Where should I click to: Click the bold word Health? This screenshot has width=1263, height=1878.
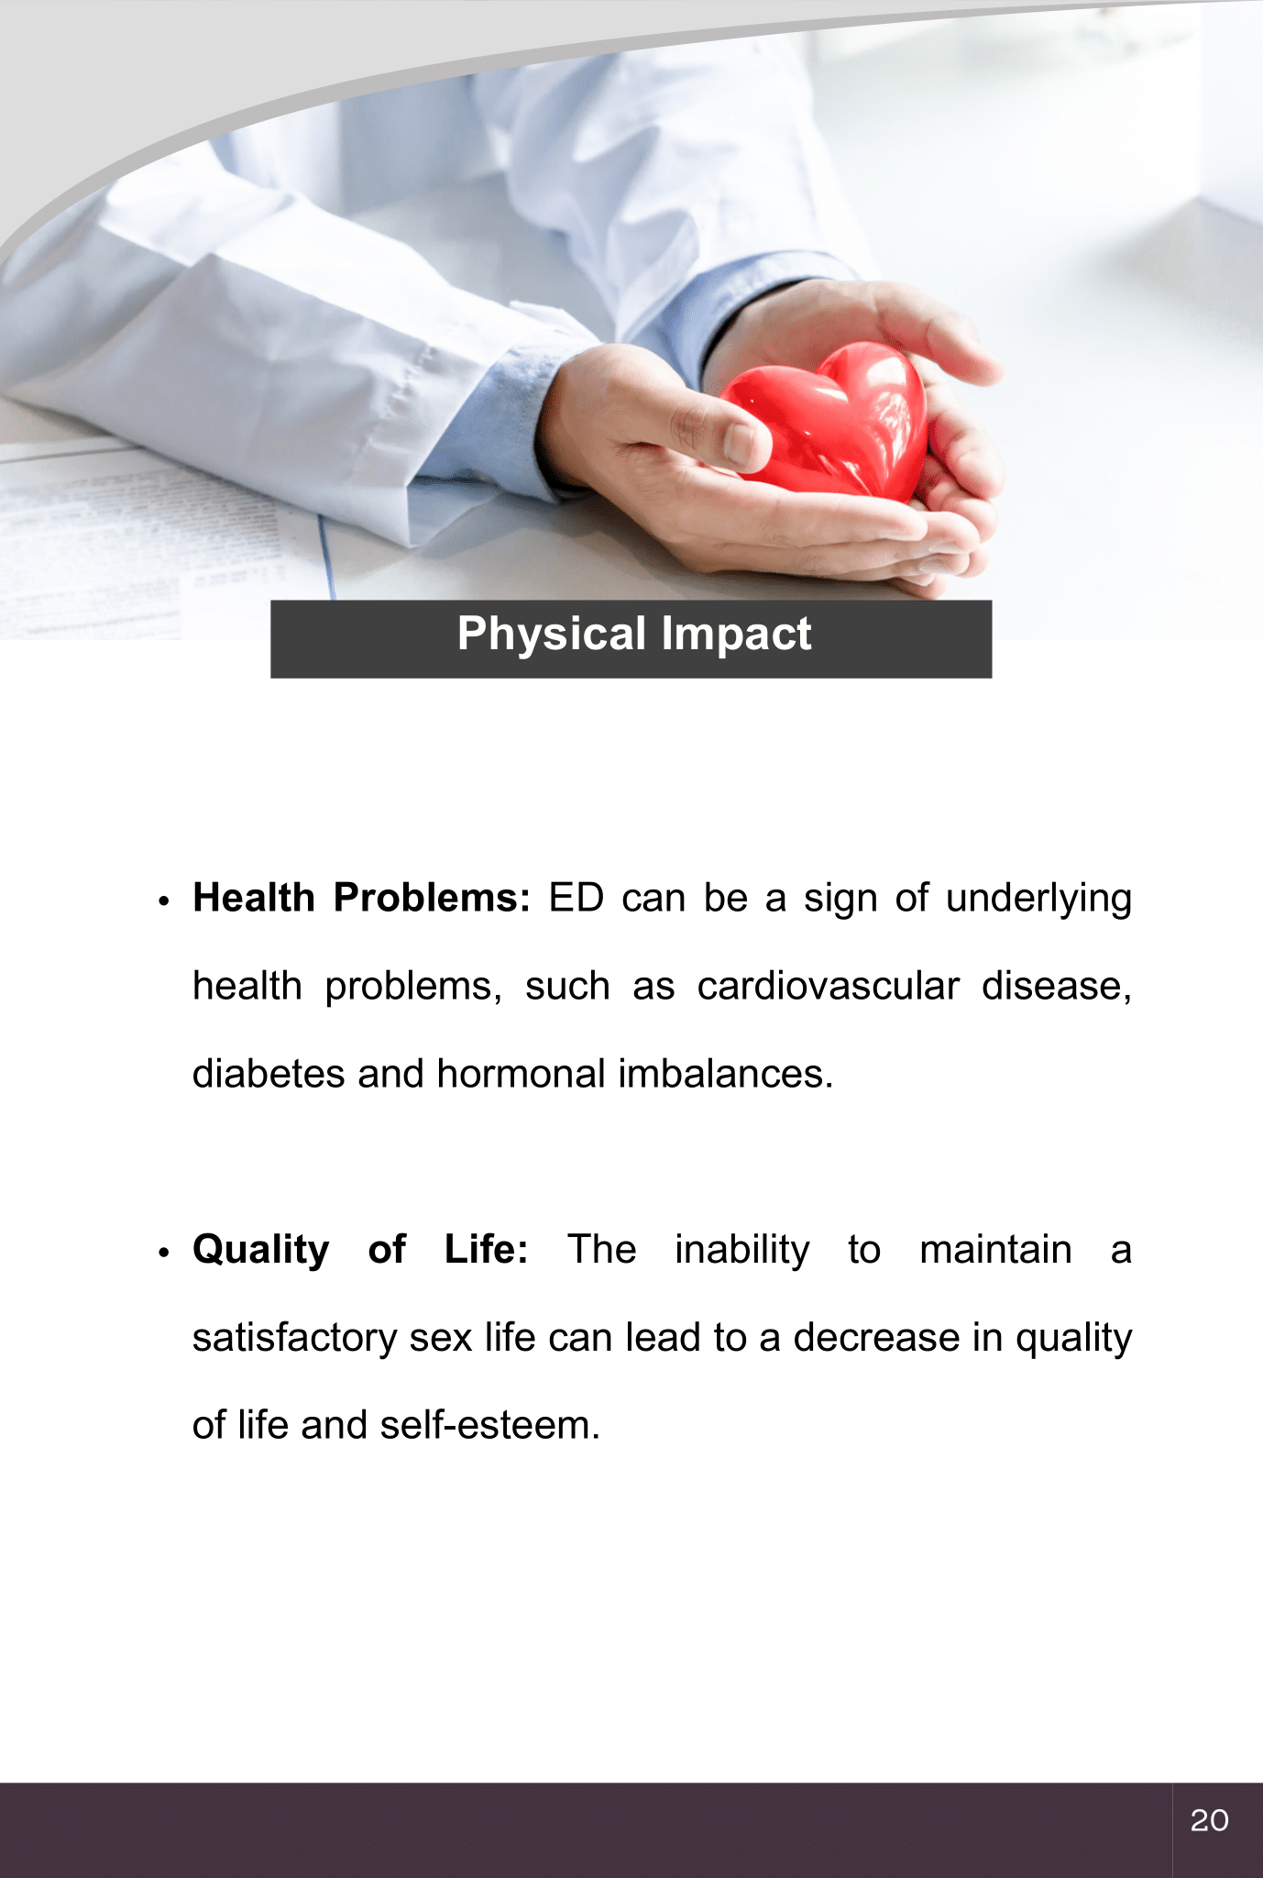(x=254, y=898)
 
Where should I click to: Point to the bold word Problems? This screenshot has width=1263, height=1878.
(x=432, y=898)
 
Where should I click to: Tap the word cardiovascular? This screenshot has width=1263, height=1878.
(x=828, y=986)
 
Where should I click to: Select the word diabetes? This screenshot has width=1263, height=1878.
(x=269, y=1074)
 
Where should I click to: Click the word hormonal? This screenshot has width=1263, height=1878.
(x=521, y=1074)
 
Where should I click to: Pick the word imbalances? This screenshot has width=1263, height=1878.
(x=726, y=1074)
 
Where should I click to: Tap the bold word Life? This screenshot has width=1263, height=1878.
(x=487, y=1249)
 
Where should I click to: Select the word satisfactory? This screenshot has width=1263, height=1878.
(x=294, y=1339)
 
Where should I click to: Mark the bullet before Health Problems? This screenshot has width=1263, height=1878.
(x=164, y=901)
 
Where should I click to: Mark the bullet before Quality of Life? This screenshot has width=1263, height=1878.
(x=164, y=1253)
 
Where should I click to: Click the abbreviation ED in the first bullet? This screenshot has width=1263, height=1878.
(x=577, y=898)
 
